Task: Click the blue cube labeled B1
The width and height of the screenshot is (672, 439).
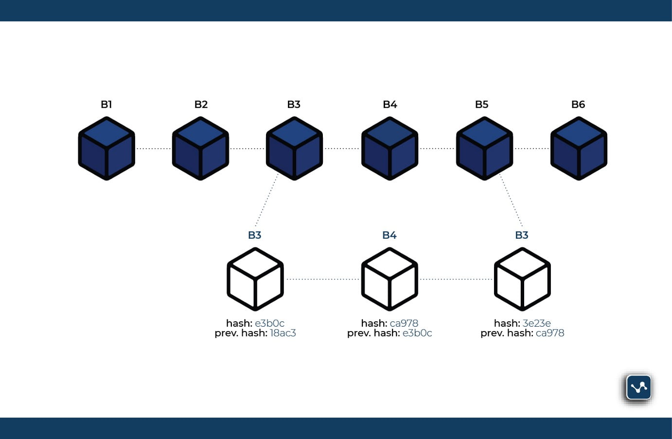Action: coord(106,148)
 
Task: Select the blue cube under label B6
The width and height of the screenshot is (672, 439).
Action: coord(579,148)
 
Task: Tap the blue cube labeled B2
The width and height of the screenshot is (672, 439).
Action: coord(200,148)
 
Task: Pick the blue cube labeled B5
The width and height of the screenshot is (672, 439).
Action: coord(484,148)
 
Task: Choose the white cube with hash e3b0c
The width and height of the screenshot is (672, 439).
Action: coord(255,279)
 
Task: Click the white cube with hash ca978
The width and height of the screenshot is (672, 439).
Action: coord(389,279)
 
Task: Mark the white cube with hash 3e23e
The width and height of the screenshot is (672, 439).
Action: coord(522,279)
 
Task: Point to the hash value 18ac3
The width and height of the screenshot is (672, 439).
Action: coord(283,333)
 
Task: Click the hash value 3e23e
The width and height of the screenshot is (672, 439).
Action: coord(536,323)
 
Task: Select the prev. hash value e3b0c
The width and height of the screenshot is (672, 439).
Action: coord(417,333)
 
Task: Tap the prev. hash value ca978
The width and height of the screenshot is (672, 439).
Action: coord(550,333)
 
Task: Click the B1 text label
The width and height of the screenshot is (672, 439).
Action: coord(106,105)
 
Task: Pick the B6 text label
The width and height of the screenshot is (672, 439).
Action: coord(578,105)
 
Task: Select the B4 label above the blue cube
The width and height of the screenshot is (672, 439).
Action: coord(390,105)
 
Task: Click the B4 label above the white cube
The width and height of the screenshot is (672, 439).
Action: coord(389,235)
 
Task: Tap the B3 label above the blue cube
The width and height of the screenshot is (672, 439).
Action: coord(294,105)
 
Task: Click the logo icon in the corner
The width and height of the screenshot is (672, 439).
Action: coord(638,387)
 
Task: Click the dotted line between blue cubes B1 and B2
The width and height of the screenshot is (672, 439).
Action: coord(153,148)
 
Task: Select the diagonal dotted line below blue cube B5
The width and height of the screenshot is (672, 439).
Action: coord(511,200)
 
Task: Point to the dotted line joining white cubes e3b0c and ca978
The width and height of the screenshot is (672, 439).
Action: coord(322,279)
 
